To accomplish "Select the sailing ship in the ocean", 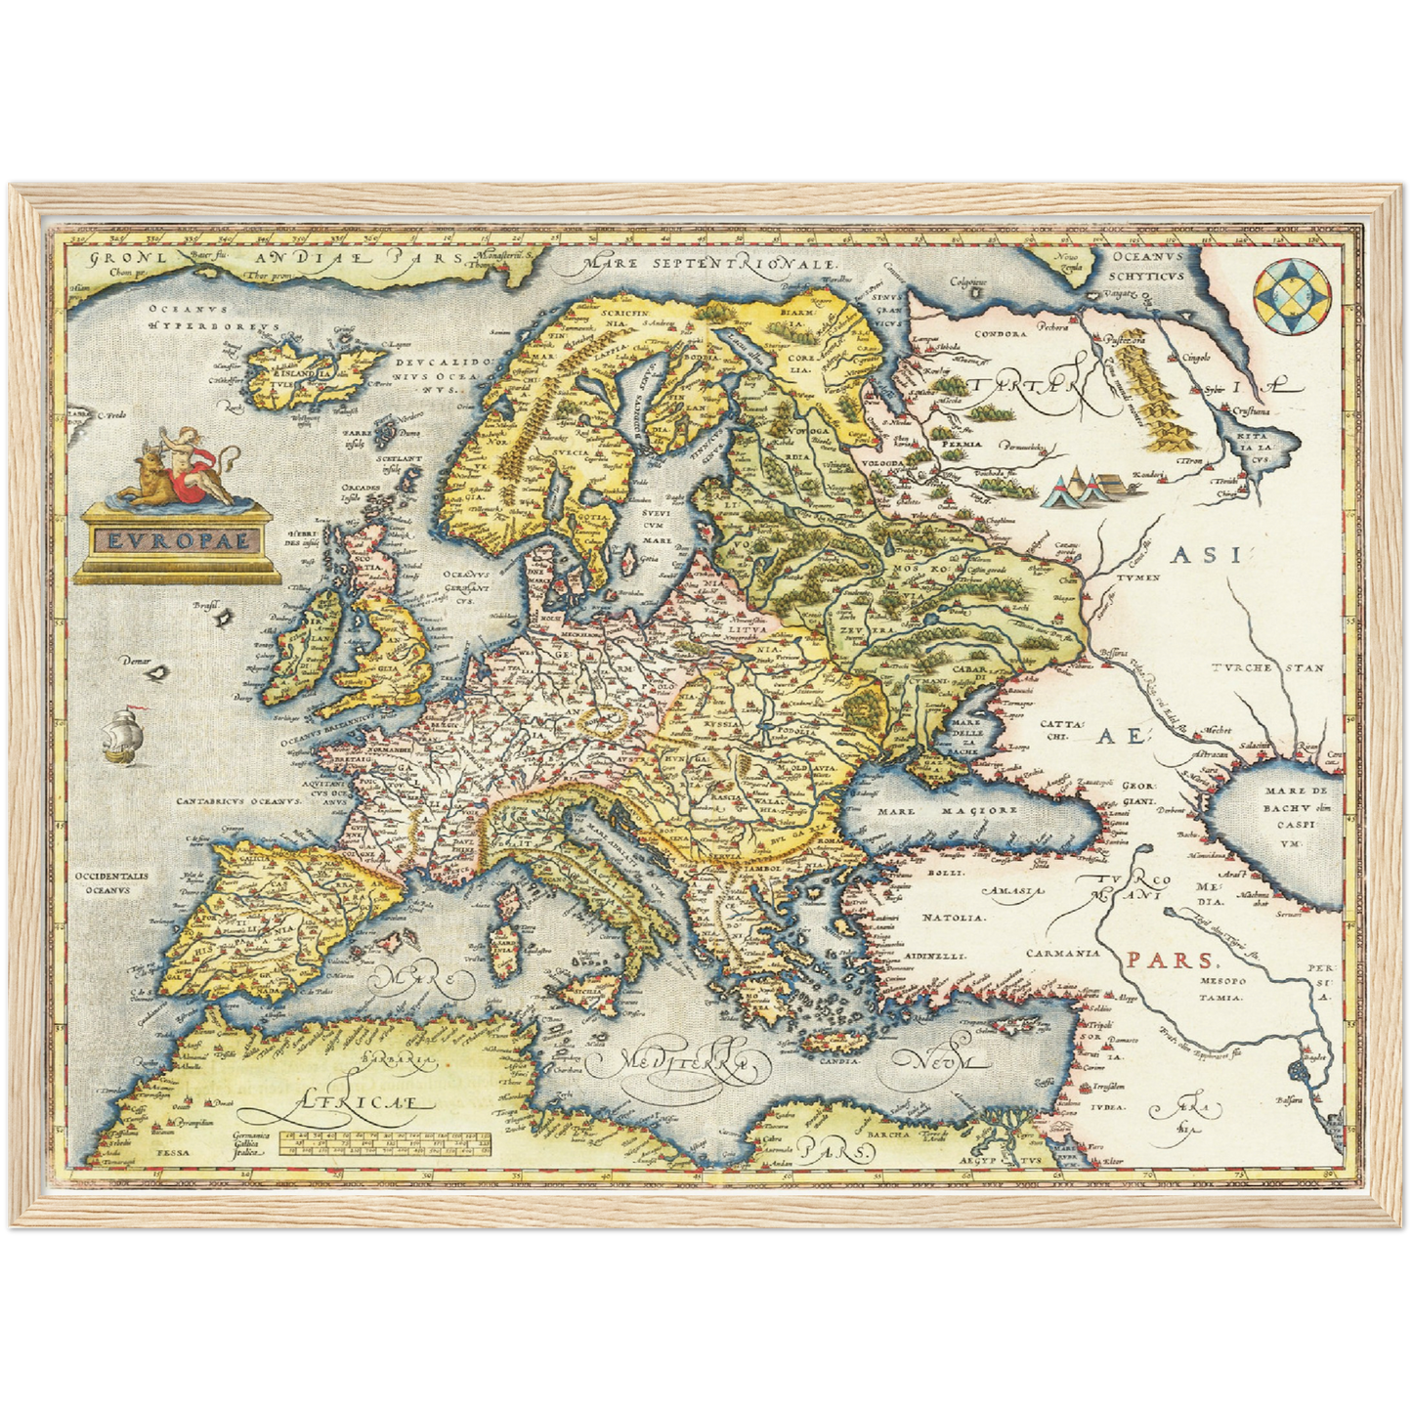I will pyautogui.click(x=124, y=735).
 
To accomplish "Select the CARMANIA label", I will pyautogui.click(x=1062, y=953).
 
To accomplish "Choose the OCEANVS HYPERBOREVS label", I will pyautogui.click(x=213, y=317).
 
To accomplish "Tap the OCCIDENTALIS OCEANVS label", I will pyautogui.click(x=111, y=882).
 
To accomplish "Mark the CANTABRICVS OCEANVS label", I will pyautogui.click(x=236, y=801).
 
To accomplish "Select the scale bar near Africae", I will pyautogui.click(x=384, y=1143).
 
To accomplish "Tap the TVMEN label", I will pyautogui.click(x=1138, y=578).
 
